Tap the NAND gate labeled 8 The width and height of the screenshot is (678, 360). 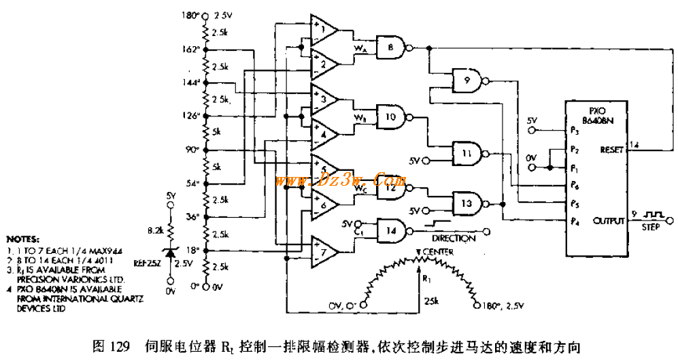click(x=391, y=48)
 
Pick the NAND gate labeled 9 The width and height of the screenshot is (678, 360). click(x=467, y=80)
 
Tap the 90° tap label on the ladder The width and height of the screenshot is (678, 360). click(x=192, y=149)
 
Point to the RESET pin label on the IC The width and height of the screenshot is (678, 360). click(x=611, y=150)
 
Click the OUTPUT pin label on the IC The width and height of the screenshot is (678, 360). click(x=609, y=221)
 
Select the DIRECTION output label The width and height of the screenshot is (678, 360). click(x=454, y=239)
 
